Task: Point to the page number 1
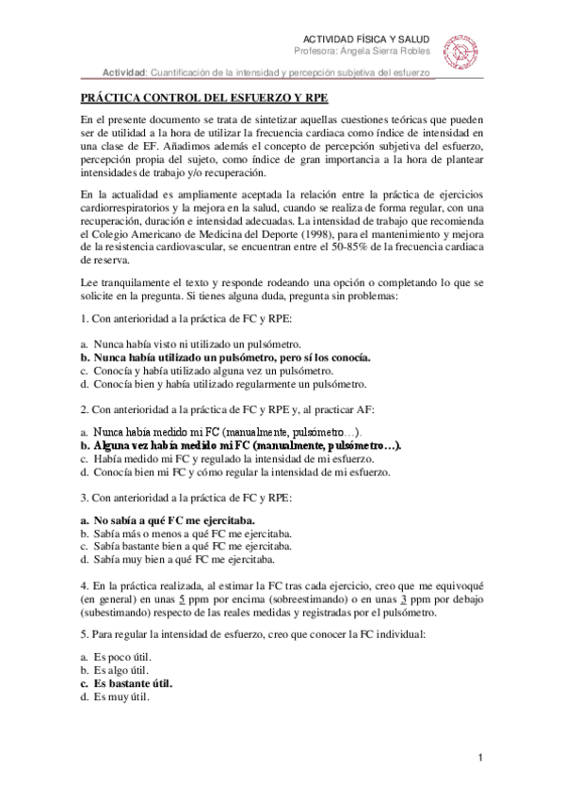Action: [x=480, y=758]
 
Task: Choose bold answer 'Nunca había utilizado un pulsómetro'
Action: [x=226, y=358]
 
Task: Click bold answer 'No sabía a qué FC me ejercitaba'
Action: [x=174, y=519]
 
